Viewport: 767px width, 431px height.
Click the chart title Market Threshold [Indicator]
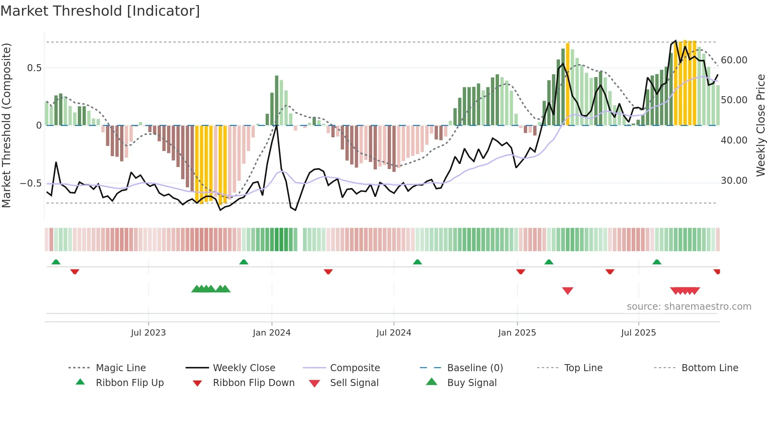click(100, 11)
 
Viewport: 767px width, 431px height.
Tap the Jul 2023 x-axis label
click(148, 333)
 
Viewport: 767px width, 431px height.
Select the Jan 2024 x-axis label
click(272, 333)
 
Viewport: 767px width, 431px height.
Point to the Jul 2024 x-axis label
click(394, 333)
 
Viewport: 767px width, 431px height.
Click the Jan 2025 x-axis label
click(517, 333)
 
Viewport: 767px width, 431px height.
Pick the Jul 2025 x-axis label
click(638, 333)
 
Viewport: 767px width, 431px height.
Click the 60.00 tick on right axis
click(734, 60)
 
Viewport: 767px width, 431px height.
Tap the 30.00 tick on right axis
click(734, 181)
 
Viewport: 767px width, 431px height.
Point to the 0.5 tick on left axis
click(34, 68)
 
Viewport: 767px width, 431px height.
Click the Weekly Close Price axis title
click(760, 125)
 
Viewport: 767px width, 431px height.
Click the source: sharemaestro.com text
click(689, 307)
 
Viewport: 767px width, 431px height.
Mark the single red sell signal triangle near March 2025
click(567, 290)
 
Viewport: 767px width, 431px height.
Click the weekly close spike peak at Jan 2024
click(277, 125)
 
